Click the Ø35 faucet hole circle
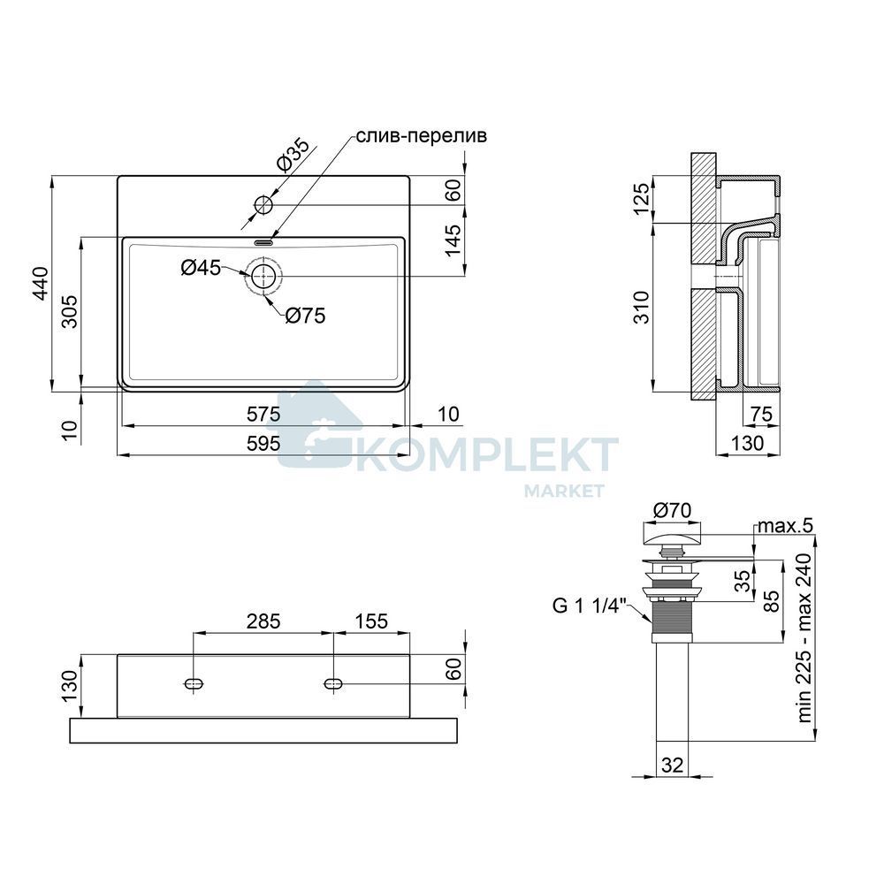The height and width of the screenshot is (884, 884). coord(263,205)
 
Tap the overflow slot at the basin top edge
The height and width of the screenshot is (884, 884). coord(263,243)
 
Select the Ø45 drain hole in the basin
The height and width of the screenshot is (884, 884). coord(263,277)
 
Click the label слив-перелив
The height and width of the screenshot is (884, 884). coord(421,136)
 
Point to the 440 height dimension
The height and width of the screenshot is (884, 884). coord(41,284)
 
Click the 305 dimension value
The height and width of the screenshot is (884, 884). coord(69,312)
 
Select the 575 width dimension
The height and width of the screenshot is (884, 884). coord(263,415)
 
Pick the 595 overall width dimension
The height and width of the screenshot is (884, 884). coord(263,444)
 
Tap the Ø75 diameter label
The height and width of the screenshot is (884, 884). coord(305,316)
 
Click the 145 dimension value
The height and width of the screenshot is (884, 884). coord(453,240)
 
